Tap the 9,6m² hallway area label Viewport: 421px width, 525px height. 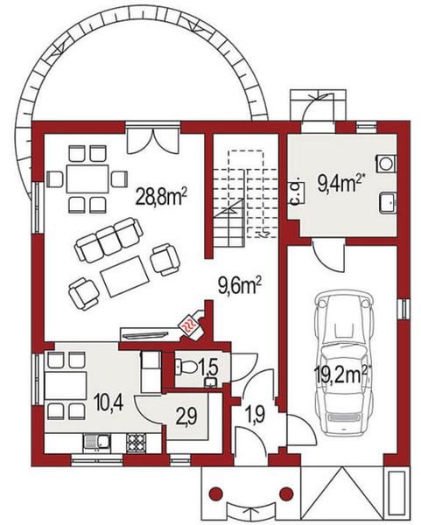240,284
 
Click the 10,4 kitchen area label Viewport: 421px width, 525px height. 108,404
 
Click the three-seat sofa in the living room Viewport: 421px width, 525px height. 109,241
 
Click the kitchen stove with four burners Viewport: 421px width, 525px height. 137,442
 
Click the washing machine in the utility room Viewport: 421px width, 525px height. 385,163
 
